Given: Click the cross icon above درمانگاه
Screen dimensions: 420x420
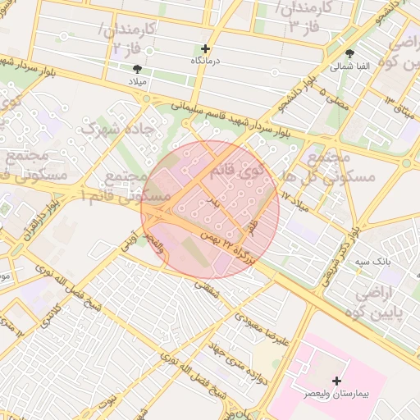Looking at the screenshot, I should pyautogui.click(x=206, y=48).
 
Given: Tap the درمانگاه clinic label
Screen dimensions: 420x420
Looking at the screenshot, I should pyautogui.click(x=207, y=62).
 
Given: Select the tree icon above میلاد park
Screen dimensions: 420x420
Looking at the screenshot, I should pyautogui.click(x=137, y=70).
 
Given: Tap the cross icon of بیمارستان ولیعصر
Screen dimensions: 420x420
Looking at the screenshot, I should pyautogui.click(x=336, y=381).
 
